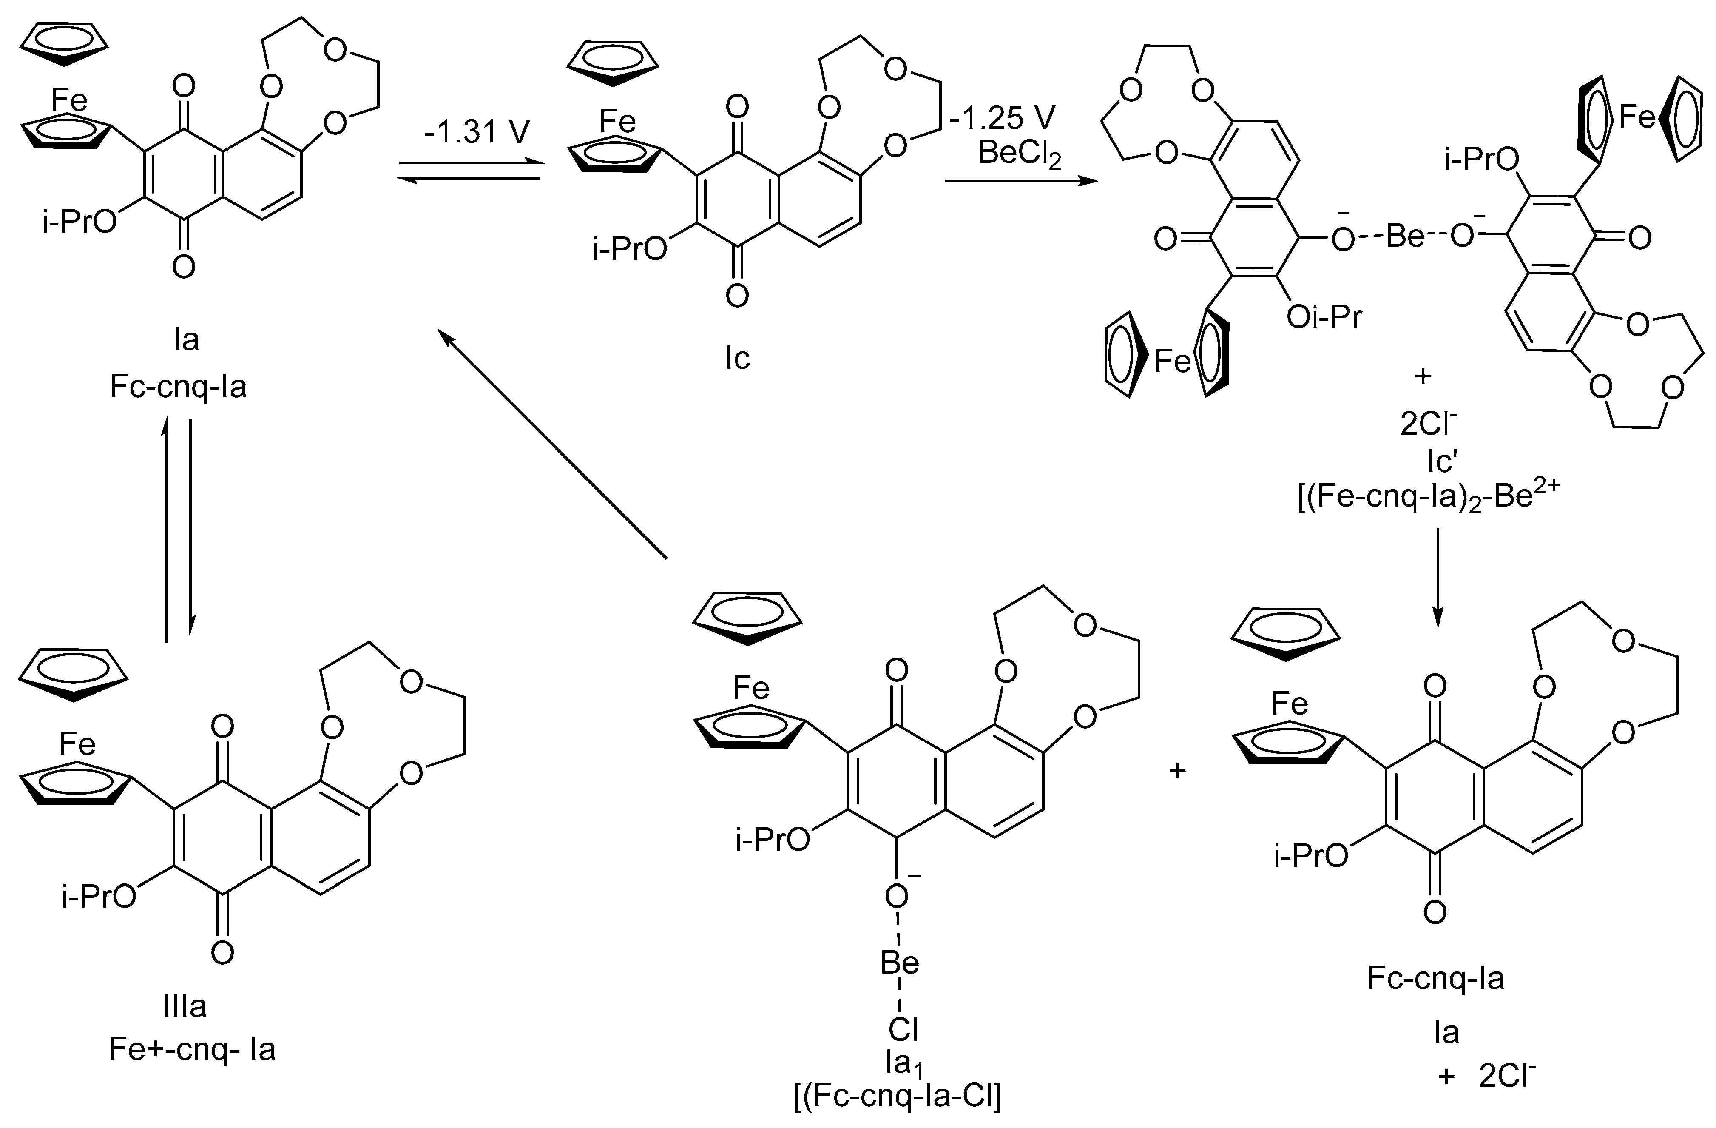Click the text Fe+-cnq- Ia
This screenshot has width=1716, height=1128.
192,1048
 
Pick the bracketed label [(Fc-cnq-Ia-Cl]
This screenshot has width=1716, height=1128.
897,1096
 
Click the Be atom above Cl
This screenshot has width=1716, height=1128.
900,963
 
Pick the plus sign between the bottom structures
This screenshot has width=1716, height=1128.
1177,770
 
